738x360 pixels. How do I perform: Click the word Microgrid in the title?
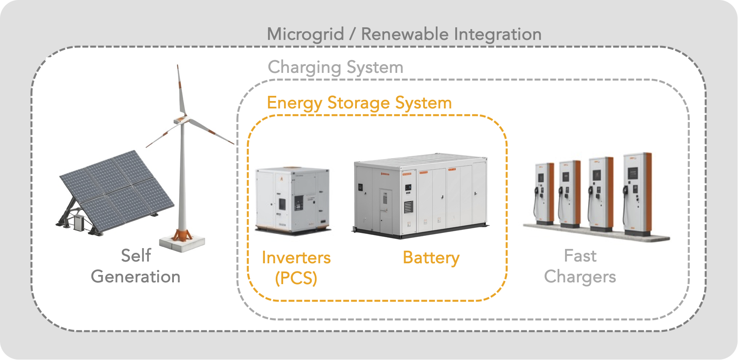[305, 34]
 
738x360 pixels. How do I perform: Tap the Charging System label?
[335, 67]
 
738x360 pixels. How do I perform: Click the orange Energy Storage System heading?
[359, 103]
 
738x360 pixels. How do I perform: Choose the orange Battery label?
[431, 258]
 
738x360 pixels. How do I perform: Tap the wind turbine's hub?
[182, 120]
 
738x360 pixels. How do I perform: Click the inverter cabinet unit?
[292, 200]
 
